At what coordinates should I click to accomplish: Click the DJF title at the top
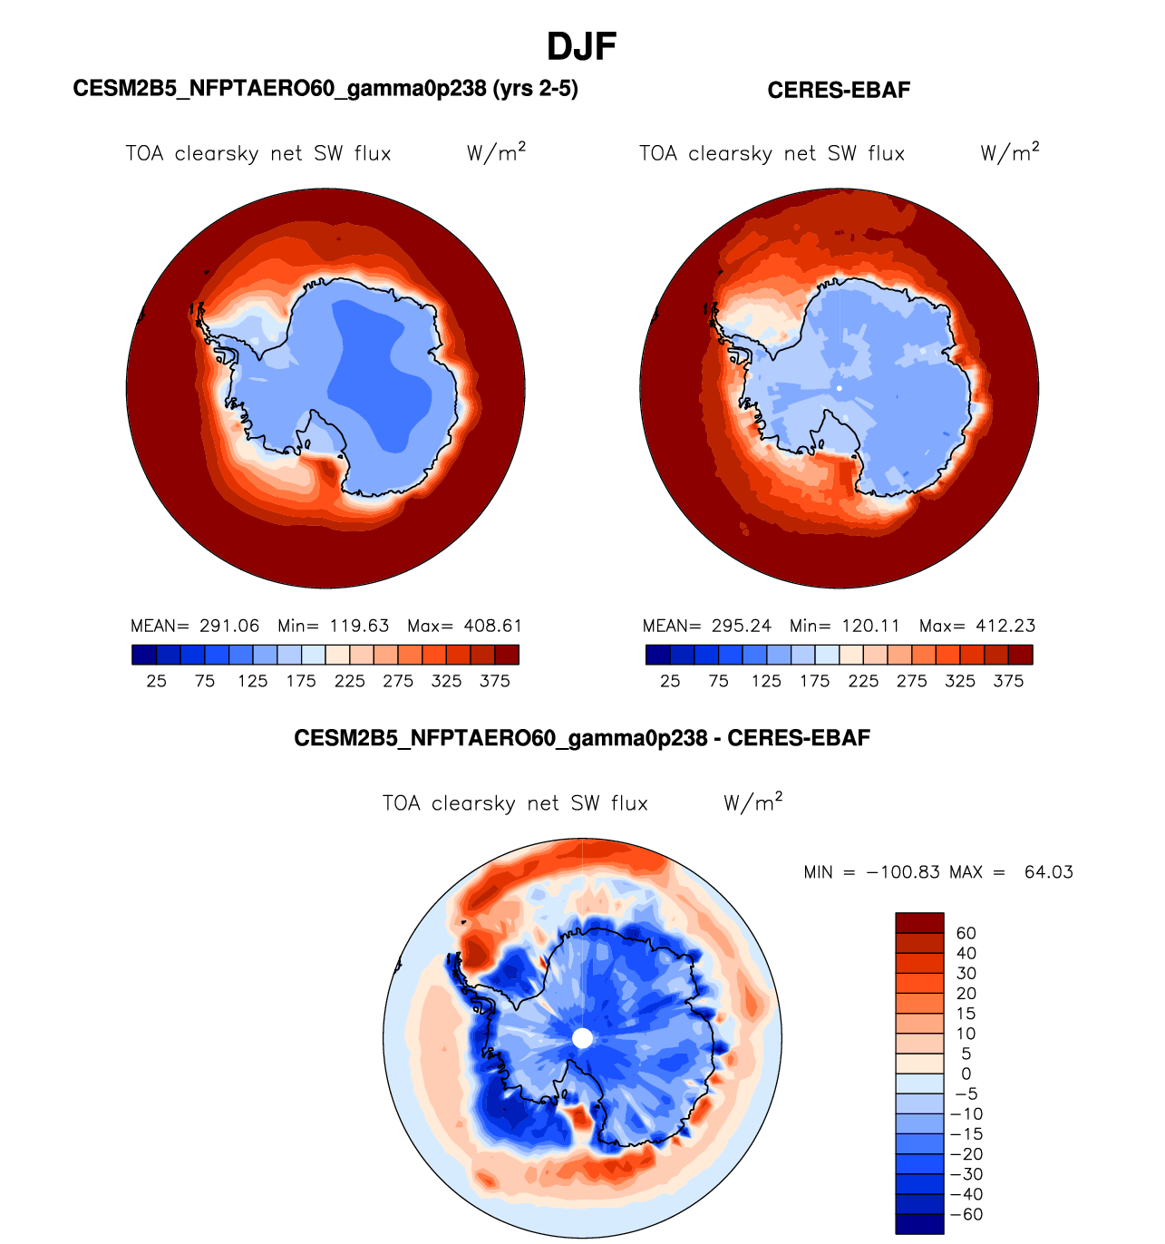(582, 46)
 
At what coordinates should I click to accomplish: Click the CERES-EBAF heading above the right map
(839, 90)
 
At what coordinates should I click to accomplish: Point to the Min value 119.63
(359, 626)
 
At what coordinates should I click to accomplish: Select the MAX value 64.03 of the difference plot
(1048, 872)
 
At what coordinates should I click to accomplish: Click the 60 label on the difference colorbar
(966, 933)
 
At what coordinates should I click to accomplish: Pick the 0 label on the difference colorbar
(966, 1074)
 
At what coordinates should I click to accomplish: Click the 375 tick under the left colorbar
(495, 681)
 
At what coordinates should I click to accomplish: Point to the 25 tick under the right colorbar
(670, 681)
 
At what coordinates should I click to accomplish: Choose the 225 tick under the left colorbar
(349, 681)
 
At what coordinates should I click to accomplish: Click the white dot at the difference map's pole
(582, 1038)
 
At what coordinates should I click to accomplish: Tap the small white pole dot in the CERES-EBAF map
(840, 388)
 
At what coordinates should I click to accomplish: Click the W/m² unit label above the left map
(496, 152)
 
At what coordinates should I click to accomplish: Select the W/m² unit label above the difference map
(752, 802)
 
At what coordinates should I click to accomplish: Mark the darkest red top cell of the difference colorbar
(919, 922)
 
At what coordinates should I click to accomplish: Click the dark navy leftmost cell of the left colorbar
(143, 655)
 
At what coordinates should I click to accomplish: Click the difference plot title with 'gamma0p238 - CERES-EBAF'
(582, 738)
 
